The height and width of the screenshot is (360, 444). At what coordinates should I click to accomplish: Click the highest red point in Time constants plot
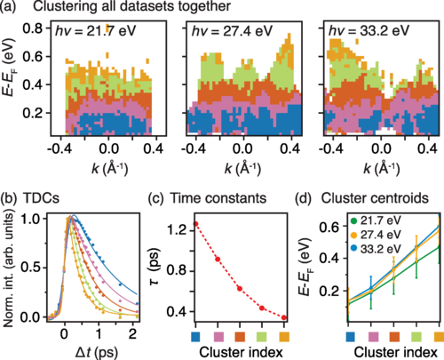pos(195,224)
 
